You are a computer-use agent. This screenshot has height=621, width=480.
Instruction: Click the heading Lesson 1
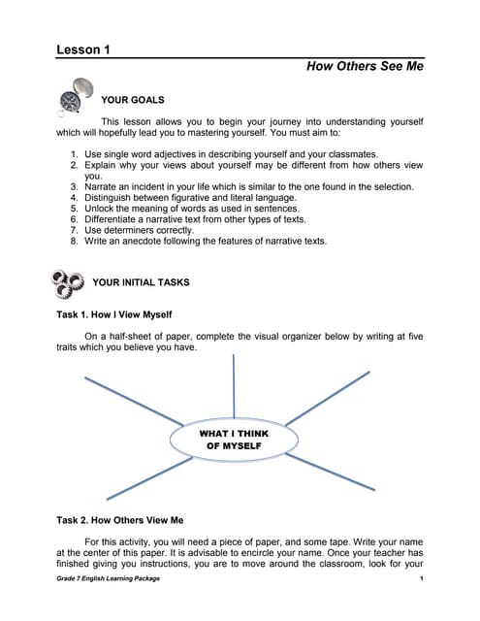(x=82, y=49)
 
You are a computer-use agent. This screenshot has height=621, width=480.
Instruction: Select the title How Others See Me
(x=365, y=67)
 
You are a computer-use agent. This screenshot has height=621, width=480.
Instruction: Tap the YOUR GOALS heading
(x=132, y=100)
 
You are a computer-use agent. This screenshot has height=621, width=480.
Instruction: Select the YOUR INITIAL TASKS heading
(x=141, y=282)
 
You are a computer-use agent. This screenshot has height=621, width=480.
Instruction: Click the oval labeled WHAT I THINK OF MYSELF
(x=235, y=439)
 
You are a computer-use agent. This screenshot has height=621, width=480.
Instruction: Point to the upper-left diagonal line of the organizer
(x=133, y=397)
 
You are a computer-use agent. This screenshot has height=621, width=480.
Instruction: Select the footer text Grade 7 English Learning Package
(x=108, y=578)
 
